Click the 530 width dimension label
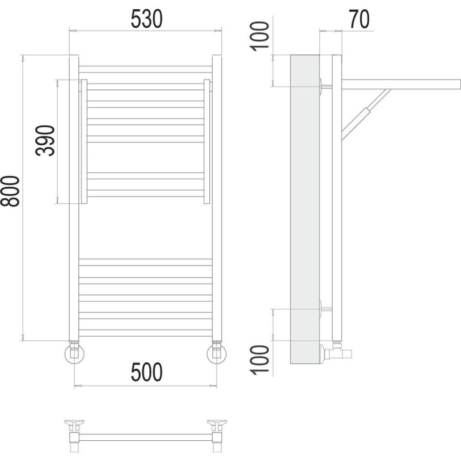146,19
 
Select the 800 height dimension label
10,191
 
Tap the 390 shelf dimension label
45,141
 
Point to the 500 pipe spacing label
146,372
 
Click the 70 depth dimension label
360,19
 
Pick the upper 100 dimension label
259,36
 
